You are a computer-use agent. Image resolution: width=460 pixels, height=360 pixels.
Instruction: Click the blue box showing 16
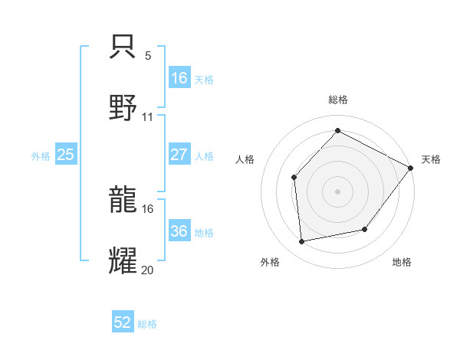(179, 77)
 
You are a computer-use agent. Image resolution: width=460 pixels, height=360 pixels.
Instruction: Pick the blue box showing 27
(179, 155)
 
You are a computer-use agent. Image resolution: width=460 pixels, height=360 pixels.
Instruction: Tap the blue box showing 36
(179, 231)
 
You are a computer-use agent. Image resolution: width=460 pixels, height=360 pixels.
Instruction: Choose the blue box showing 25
(65, 155)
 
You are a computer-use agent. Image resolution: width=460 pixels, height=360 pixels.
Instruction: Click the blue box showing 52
(123, 322)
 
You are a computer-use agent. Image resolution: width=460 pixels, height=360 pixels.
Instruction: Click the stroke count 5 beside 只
(148, 55)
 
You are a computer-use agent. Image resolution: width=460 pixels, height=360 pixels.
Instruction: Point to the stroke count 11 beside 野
(148, 116)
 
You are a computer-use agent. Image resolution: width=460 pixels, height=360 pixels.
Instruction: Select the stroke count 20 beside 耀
(148, 269)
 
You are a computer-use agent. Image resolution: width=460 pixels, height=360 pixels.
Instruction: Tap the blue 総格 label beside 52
(147, 324)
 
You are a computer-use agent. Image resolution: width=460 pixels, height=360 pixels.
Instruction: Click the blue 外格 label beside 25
(41, 156)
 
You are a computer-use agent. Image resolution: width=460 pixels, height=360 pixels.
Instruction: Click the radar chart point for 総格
(337, 131)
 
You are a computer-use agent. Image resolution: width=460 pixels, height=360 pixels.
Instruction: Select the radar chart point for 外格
(302, 242)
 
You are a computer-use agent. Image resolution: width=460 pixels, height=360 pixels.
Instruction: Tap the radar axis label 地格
(402, 262)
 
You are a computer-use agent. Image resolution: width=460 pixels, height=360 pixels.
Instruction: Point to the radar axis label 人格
(245, 159)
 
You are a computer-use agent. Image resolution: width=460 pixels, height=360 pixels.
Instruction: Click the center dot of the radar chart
(337, 191)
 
